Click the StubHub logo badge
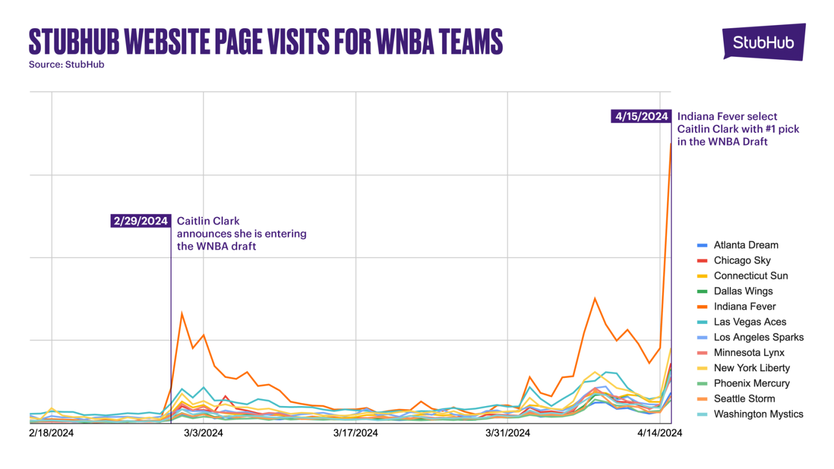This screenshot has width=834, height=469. coord(763,42)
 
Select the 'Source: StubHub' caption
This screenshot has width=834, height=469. coord(66,65)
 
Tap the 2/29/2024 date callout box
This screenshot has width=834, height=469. coord(141,221)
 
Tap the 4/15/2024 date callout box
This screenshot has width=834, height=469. coord(641,116)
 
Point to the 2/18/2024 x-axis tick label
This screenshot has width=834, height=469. coord(51,433)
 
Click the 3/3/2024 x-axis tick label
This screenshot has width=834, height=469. coord(204,433)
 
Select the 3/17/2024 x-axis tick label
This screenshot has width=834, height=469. coord(356,433)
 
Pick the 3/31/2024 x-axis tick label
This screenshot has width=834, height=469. coord(508,433)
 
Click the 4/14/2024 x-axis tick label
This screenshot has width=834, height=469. coord(660,433)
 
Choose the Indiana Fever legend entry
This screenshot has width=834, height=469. coord(744,307)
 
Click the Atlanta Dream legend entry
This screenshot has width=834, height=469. coord(745,245)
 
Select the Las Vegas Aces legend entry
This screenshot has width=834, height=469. coord(750,322)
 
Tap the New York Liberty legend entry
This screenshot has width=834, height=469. coord(751,368)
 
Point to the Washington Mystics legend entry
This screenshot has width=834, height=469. coord(758,414)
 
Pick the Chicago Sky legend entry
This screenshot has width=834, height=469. coord(742,261)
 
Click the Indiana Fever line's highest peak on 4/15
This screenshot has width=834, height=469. coord(671,144)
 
